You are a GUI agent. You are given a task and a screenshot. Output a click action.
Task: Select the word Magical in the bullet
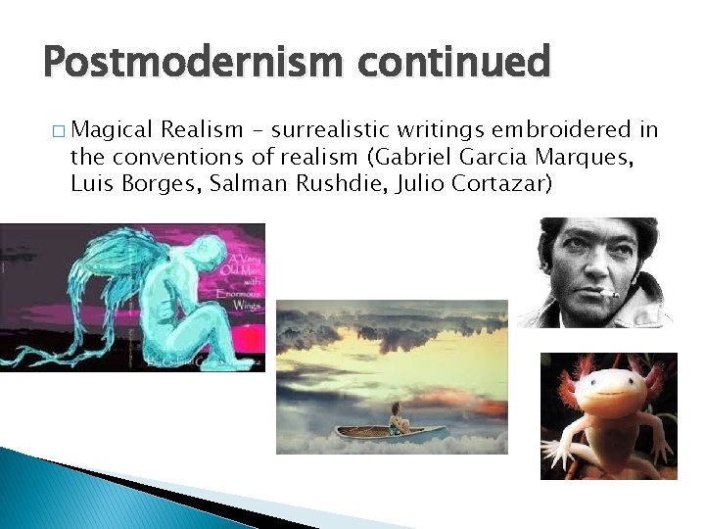(112, 129)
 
